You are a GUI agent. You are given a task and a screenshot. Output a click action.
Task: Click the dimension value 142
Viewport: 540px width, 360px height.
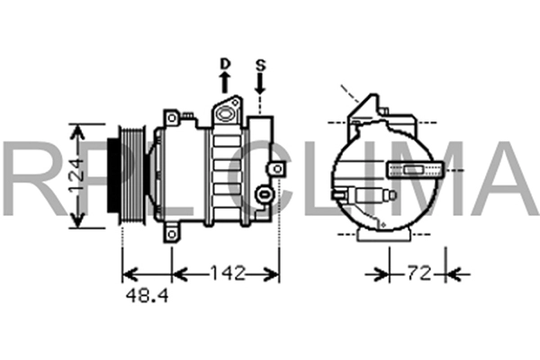click(226, 273)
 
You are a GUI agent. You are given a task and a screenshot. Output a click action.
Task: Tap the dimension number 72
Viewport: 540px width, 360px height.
click(418, 273)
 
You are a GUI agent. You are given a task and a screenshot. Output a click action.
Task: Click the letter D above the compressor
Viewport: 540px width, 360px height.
click(225, 64)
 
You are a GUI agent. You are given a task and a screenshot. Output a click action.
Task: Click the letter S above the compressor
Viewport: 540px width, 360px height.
click(260, 64)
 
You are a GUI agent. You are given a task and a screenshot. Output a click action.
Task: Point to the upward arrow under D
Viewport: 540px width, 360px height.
click(225, 83)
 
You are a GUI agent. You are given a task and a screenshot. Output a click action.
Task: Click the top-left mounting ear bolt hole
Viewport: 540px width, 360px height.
click(169, 117)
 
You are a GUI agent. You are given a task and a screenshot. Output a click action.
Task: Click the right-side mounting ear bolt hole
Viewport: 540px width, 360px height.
click(263, 192)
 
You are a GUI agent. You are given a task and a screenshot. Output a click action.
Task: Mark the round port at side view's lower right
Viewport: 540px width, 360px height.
click(263, 192)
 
